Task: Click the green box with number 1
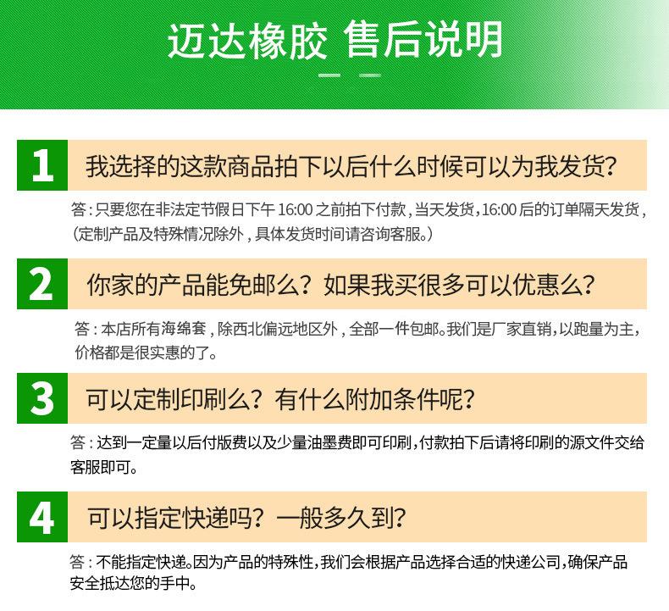pos(41,165)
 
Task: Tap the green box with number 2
pos(41,284)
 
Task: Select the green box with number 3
pos(41,398)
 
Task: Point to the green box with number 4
pos(41,516)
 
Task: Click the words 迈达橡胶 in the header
pos(246,40)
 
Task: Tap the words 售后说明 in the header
pos(423,40)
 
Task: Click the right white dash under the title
pos(370,77)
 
